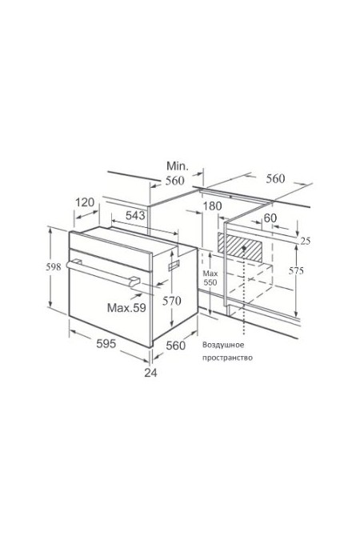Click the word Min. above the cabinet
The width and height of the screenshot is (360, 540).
178,166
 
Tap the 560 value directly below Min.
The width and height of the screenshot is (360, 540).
175,181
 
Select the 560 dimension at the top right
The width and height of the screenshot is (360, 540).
275,178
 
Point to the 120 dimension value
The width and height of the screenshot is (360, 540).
85,202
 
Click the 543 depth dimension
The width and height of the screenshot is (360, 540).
135,215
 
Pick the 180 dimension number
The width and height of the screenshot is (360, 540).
212,206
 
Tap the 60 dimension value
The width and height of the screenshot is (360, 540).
270,218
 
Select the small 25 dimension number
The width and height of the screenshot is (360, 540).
306,241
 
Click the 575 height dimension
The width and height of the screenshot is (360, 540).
296,271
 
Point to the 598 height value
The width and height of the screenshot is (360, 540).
54,266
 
